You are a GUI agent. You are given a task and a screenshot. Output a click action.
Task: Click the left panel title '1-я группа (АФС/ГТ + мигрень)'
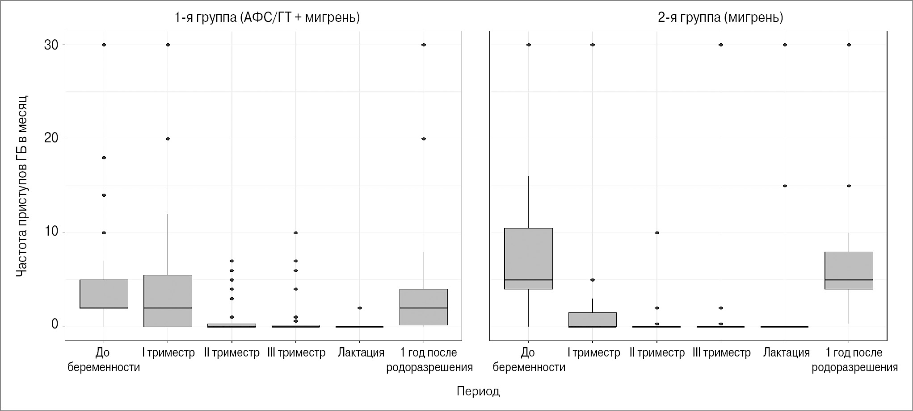[267, 17]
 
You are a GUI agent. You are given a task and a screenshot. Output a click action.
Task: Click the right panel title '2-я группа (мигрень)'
[720, 17]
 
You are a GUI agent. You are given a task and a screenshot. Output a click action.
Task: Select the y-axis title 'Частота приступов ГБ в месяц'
[22, 186]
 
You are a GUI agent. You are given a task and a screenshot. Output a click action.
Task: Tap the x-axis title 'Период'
[478, 391]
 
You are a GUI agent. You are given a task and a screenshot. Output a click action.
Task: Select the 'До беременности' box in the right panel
[528, 259]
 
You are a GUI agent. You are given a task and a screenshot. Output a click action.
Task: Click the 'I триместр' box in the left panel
[168, 301]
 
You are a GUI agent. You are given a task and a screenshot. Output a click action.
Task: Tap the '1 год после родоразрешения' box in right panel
[849, 270]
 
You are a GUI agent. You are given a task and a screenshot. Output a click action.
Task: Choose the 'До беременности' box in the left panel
[104, 294]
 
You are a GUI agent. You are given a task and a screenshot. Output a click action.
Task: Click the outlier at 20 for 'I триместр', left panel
[168, 139]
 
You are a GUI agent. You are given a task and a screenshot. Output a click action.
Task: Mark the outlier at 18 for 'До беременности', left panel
[104, 158]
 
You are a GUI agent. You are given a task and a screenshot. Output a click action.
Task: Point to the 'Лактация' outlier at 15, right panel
[785, 186]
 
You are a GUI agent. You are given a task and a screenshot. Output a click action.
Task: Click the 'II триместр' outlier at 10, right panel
[656, 233]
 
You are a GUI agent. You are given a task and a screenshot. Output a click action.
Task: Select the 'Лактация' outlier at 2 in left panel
[360, 308]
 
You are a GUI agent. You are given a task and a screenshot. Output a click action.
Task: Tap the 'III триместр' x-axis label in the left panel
[296, 353]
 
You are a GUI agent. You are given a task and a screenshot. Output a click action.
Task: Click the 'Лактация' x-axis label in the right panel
[786, 353]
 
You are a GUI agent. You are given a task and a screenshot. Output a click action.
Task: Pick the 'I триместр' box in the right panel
[593, 320]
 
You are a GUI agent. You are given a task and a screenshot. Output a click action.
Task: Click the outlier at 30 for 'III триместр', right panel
[721, 45]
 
